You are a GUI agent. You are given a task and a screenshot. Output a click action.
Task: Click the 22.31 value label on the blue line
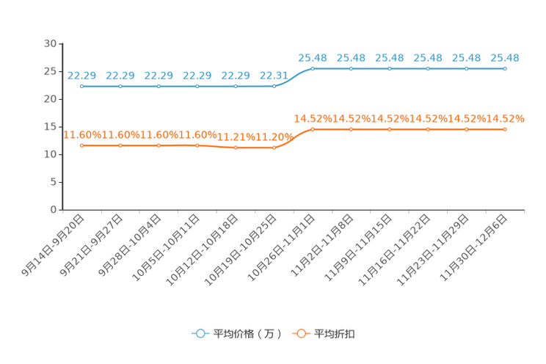pos(274,76)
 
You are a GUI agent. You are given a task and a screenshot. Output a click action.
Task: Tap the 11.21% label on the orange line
pos(236,137)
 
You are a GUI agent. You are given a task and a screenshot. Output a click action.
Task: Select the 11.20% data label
pos(274,137)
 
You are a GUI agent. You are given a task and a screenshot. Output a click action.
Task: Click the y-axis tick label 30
pos(50,44)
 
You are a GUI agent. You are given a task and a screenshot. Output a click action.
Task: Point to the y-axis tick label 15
pos(50,127)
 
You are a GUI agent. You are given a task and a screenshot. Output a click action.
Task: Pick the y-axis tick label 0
pos(54,210)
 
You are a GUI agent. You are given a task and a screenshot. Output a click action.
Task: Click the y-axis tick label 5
pos(54,182)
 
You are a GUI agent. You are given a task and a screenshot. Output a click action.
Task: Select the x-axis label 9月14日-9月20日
pos(53,245)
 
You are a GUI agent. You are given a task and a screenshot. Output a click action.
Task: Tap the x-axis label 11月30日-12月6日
pos(473,247)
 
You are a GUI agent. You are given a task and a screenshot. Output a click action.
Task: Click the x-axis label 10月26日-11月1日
pos(281,247)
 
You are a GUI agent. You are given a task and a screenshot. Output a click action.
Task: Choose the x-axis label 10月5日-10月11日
pos(166,247)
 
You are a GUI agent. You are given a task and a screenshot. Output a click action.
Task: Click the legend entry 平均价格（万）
pos(237,334)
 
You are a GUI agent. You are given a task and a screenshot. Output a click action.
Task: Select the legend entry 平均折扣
pos(324,334)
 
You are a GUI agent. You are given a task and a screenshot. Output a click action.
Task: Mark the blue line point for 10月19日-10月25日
pos(274,87)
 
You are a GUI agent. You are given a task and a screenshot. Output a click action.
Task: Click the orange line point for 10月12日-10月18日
pos(236,148)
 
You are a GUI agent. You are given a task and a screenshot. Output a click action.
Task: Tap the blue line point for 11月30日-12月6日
pos(505,69)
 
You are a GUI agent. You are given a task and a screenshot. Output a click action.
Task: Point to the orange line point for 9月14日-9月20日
pos(82,145)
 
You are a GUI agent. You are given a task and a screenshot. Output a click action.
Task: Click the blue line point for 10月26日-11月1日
pos(313,69)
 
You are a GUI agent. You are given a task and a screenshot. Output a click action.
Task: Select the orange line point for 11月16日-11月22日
pos(428,130)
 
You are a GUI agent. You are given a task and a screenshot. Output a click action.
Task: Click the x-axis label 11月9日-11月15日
pos(358,247)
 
